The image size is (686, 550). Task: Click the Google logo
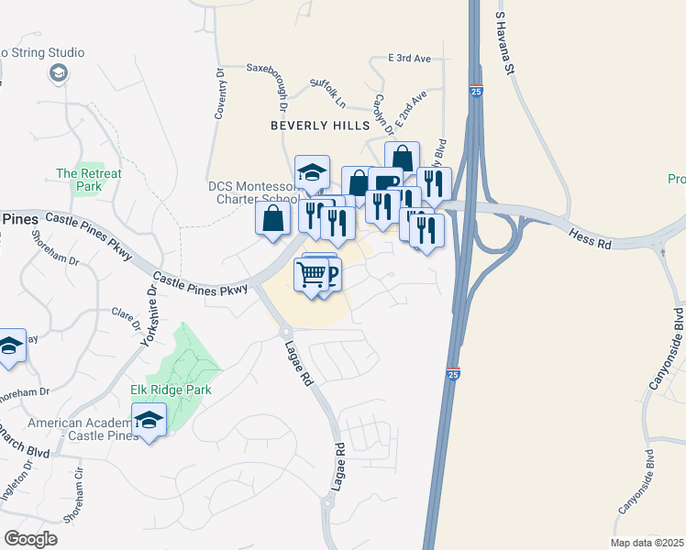(x=30, y=539)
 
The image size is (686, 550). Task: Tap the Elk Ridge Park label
(x=171, y=390)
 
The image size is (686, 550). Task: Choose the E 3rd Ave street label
(x=409, y=58)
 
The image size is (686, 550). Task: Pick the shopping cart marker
(x=312, y=273)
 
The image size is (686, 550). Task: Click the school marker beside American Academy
(x=148, y=422)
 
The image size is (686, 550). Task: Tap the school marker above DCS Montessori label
(x=312, y=171)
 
